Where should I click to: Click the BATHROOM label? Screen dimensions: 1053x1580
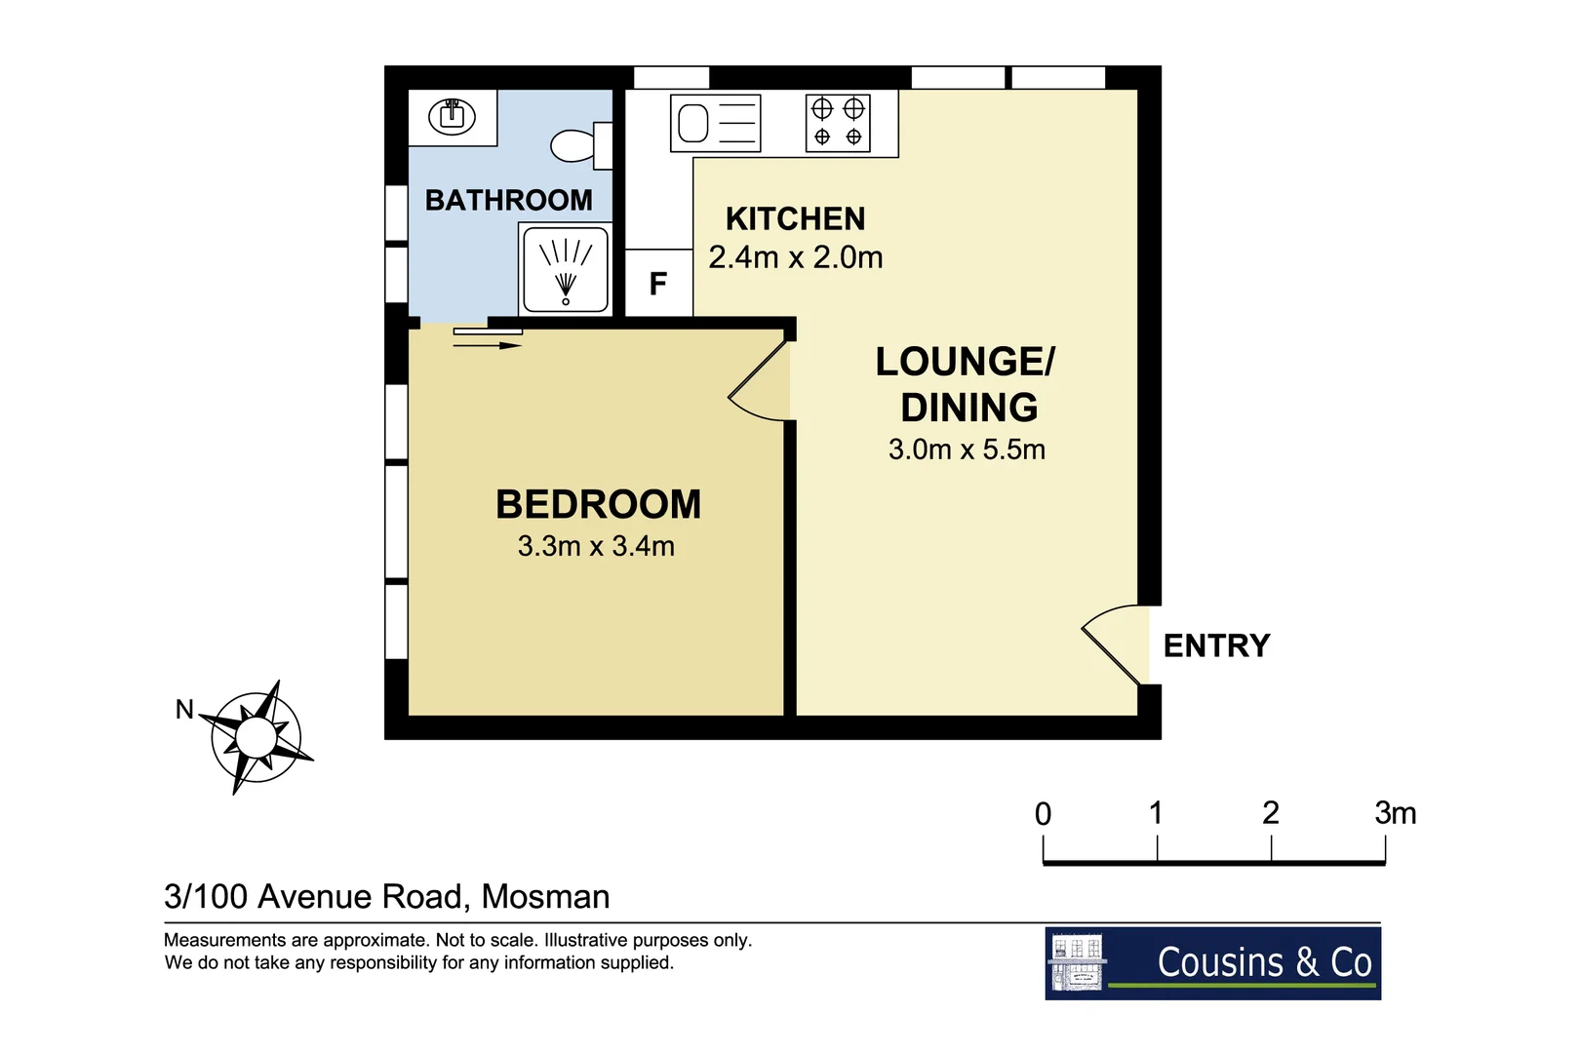[508, 200]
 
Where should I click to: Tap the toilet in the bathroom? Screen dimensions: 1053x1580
[578, 146]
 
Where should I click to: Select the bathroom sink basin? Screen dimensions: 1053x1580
[452, 116]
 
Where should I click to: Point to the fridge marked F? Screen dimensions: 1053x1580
[658, 284]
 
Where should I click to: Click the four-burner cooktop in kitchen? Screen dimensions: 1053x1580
[837, 123]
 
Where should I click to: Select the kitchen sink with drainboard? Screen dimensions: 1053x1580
[715, 124]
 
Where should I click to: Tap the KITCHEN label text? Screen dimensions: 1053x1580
[795, 218]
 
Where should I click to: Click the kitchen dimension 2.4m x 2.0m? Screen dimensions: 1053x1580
[795, 257]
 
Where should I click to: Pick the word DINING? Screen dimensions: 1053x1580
[968, 408]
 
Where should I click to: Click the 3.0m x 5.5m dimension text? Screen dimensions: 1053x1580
[967, 449]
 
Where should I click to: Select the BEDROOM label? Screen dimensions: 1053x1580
[598, 504]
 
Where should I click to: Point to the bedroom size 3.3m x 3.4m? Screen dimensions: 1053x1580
[596, 546]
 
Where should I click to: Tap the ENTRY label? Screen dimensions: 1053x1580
[1216, 645]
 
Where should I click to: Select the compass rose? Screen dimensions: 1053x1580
[256, 737]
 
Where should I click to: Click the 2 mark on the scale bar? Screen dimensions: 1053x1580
[1270, 813]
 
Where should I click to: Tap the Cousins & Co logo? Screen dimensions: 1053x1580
[1212, 962]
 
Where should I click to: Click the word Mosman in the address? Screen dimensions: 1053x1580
[545, 896]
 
